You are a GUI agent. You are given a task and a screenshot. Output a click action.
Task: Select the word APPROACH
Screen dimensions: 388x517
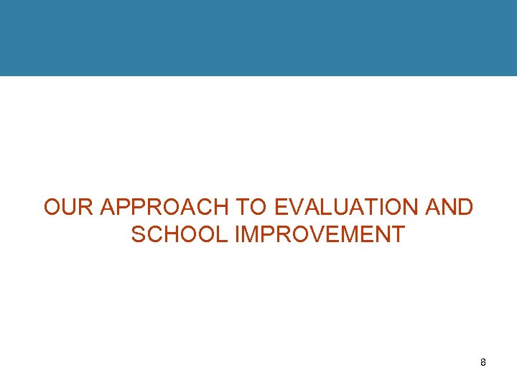click(x=164, y=208)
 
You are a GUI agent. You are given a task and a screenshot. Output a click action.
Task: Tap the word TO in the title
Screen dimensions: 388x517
click(x=251, y=208)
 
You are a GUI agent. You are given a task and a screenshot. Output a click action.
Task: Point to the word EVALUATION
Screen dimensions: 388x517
click(x=347, y=208)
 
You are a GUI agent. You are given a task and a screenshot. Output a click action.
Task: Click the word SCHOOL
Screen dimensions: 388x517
click(x=180, y=234)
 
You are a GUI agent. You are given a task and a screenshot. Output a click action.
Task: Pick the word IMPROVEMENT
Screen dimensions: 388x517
click(x=320, y=234)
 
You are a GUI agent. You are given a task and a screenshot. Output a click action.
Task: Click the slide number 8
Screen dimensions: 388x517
click(x=483, y=363)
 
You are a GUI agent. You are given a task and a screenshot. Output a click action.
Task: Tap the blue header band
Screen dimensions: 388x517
click(x=258, y=37)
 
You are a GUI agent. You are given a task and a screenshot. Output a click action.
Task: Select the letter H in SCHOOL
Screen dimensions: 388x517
click(x=174, y=234)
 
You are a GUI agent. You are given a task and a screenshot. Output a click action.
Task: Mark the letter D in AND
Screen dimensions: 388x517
click(x=465, y=208)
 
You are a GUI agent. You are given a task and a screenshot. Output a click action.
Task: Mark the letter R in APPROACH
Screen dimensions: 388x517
click(x=148, y=208)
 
